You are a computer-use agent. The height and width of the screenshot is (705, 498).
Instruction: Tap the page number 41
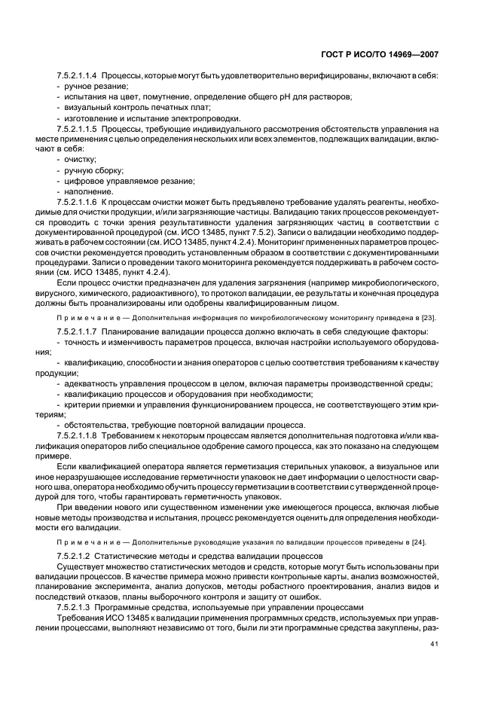434,644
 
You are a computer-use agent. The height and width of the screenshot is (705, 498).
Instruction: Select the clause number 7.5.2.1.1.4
78,77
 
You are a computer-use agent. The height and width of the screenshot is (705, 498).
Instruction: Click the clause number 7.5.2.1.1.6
78,203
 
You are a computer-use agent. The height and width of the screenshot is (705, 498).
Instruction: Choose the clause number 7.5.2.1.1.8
78,435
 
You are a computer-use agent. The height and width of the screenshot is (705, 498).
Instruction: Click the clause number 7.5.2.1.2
73,556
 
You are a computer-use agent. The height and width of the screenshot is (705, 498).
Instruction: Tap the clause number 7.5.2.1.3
73,607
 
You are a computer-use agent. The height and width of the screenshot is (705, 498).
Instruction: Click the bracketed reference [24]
429,545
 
